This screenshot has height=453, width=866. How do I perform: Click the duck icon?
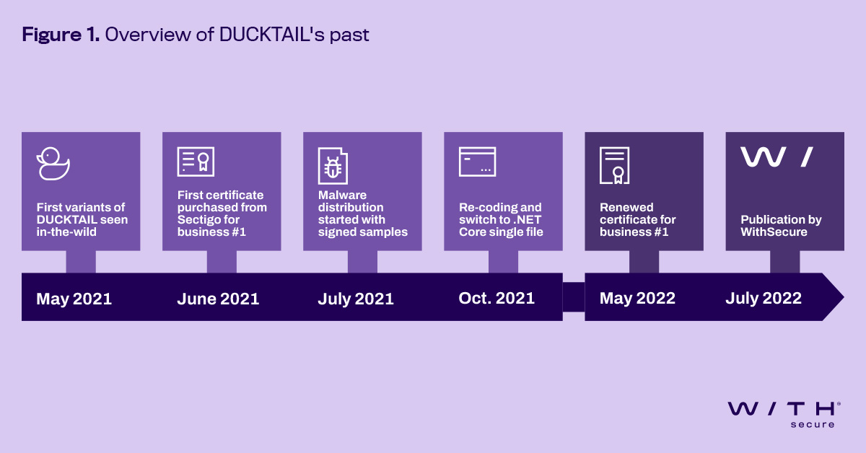[x=53, y=163]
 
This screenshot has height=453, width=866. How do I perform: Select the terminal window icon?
[x=477, y=162]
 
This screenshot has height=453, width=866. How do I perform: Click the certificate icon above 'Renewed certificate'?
[x=614, y=165]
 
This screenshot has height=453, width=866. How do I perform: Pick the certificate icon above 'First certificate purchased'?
[x=196, y=162]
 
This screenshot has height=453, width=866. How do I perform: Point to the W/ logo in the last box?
[x=777, y=157]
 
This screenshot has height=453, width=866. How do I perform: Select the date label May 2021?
[x=74, y=299]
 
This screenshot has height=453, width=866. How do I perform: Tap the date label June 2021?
[x=218, y=299]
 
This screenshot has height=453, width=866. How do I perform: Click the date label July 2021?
[x=356, y=299]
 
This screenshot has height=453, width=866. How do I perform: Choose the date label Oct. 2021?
[x=497, y=298]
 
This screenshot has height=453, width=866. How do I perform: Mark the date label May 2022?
[x=637, y=298]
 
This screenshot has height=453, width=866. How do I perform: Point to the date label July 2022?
[x=764, y=298]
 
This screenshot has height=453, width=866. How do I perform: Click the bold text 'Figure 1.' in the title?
[x=61, y=34]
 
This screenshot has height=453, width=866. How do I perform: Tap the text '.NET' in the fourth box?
[x=528, y=219]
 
